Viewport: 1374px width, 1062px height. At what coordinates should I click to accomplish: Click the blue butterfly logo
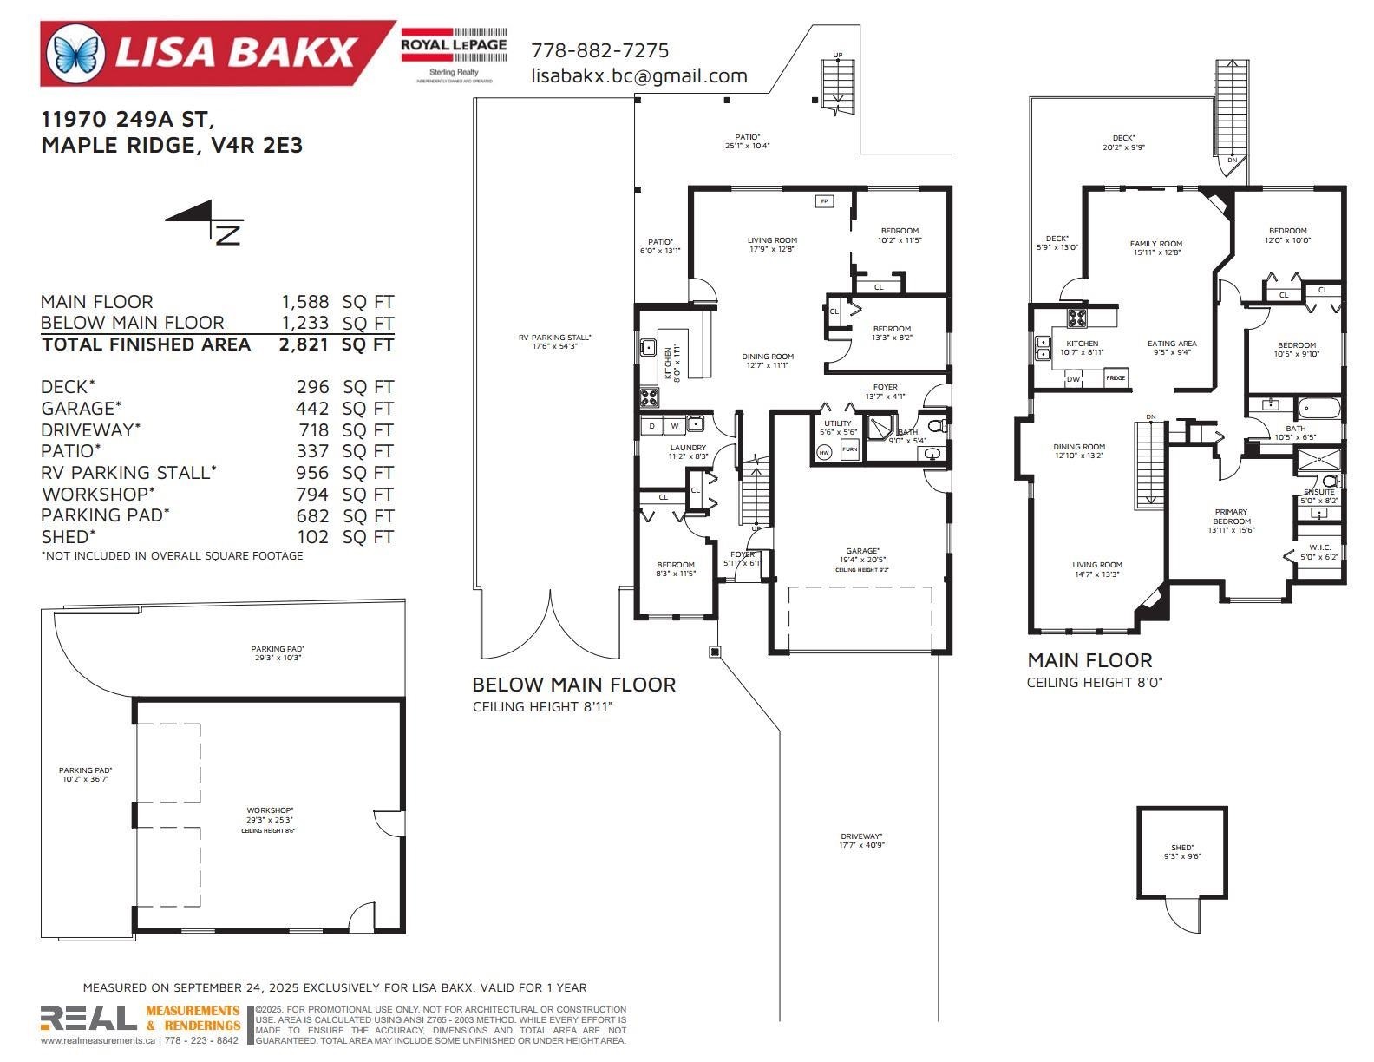coord(75,53)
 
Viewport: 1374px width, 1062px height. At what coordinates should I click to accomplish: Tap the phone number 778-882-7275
coord(599,50)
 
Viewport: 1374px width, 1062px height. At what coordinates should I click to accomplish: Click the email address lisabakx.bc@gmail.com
coord(638,75)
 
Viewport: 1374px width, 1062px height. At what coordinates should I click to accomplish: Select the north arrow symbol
coord(206,221)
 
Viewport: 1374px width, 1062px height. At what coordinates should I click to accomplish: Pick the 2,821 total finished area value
coord(304,344)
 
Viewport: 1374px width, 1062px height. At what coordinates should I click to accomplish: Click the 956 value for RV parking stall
coord(312,473)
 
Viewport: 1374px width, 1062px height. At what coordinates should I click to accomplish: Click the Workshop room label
coord(270,810)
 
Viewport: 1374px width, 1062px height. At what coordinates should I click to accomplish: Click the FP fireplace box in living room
coord(824,201)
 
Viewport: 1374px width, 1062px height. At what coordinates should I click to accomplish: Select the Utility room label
coord(838,423)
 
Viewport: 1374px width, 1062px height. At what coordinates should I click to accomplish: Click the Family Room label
coord(1156,244)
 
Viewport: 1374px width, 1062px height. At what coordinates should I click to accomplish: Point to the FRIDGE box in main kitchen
coord(1116,378)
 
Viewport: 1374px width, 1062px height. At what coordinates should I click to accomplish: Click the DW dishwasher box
coord(1073,379)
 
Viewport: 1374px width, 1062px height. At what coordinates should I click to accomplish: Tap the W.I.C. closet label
coord(1319,547)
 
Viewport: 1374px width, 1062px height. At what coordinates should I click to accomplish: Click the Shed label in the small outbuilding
coord(1181,848)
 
